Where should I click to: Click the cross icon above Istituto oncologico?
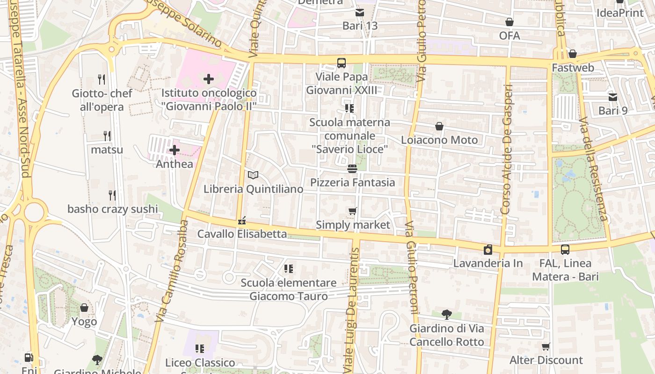209,79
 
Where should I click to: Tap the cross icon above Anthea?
175,150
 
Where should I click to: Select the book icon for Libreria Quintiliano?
253,175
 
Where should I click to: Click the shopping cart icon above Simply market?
353,211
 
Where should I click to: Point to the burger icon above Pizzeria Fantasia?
352,169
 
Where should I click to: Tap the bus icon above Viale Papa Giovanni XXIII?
342,63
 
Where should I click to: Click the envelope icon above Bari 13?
360,12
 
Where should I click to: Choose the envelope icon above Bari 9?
613,97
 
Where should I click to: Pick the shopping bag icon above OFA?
509,22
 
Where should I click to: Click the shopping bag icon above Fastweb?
573,54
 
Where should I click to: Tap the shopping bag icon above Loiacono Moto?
439,126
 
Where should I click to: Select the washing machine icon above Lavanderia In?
488,250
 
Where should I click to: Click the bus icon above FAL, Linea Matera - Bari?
565,250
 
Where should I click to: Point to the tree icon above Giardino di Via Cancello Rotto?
447,314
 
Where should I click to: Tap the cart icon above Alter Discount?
546,346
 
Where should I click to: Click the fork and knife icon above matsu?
107,136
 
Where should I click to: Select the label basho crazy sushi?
113,209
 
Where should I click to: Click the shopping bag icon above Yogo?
84,308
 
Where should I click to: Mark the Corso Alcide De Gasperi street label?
507,150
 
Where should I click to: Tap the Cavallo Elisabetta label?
242,234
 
